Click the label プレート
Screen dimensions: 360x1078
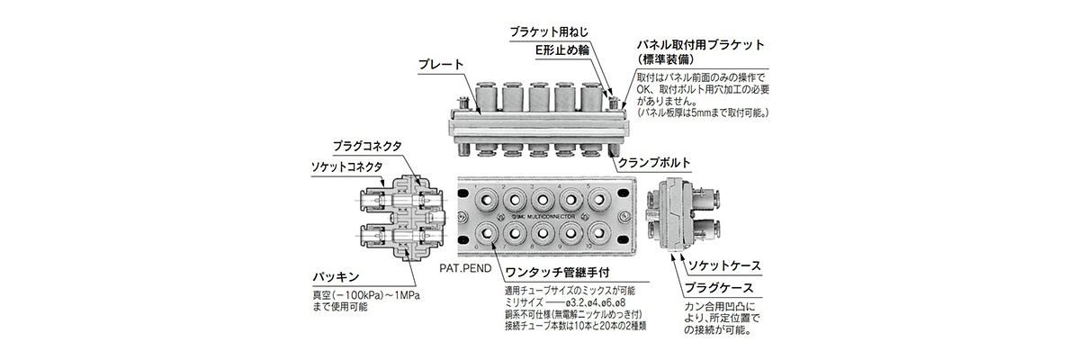(440, 65)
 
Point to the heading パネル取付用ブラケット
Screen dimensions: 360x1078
(700, 44)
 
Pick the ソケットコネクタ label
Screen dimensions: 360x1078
(347, 166)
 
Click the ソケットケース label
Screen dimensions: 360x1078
(724, 267)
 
